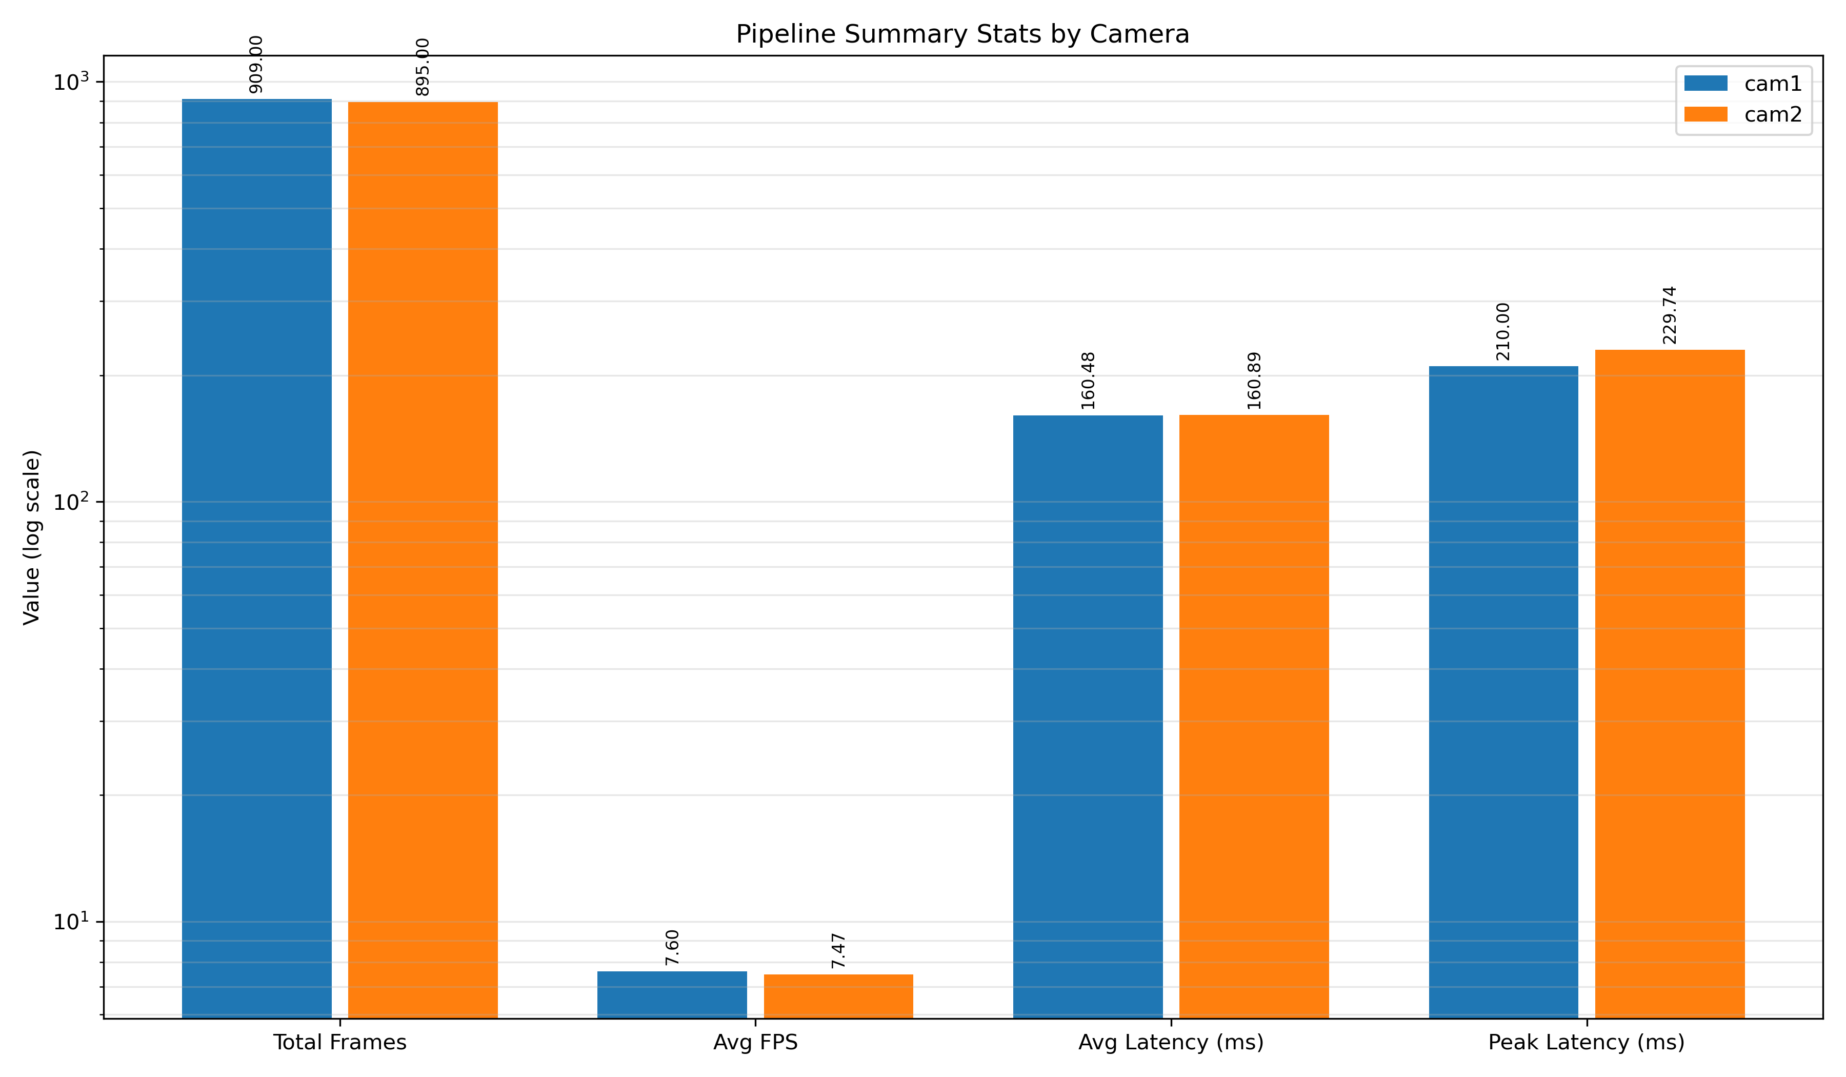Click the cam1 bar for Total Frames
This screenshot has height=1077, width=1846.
click(x=256, y=559)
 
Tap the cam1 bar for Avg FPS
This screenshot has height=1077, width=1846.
click(x=672, y=995)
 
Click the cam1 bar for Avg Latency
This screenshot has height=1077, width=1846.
click(x=1088, y=716)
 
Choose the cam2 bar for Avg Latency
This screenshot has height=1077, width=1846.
click(x=1254, y=716)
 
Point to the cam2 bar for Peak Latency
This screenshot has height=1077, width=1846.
click(x=1670, y=684)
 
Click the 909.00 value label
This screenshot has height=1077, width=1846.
click(x=256, y=65)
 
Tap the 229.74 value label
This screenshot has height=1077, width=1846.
click(x=1670, y=315)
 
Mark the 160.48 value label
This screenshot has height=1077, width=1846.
click(x=1088, y=381)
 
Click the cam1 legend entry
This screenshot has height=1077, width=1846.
click(x=1743, y=84)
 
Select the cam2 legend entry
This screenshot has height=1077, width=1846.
click(x=1743, y=114)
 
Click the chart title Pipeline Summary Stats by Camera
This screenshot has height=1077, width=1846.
click(x=962, y=34)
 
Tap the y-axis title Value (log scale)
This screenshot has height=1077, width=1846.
click(x=31, y=537)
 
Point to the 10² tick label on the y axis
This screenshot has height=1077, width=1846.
click(x=70, y=502)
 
